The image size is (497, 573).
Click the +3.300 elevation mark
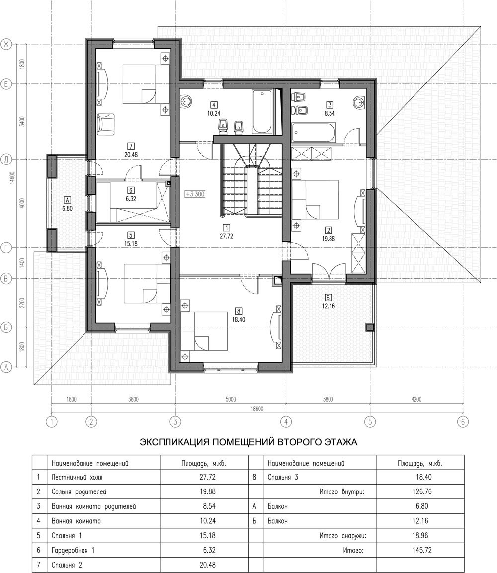click(195, 194)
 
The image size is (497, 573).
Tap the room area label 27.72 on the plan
click(226, 236)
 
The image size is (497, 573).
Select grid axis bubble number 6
click(463, 422)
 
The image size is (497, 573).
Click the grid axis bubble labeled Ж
click(6, 44)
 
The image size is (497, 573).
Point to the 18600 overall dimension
click(257, 409)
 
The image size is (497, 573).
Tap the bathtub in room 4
click(262, 112)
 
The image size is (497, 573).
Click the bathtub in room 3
click(314, 133)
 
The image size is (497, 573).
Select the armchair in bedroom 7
click(105, 124)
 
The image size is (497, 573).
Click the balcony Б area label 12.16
click(328, 306)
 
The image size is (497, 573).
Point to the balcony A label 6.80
click(67, 209)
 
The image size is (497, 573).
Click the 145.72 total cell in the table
click(422, 550)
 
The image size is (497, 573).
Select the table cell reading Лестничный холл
click(77, 477)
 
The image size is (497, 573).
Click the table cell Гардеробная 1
click(73, 550)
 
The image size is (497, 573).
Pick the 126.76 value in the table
click(422, 491)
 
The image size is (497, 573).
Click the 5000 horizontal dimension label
click(231, 399)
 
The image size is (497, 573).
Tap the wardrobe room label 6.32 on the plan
click(131, 199)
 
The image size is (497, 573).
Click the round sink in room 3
click(359, 103)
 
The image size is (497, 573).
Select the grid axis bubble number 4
click(286, 422)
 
